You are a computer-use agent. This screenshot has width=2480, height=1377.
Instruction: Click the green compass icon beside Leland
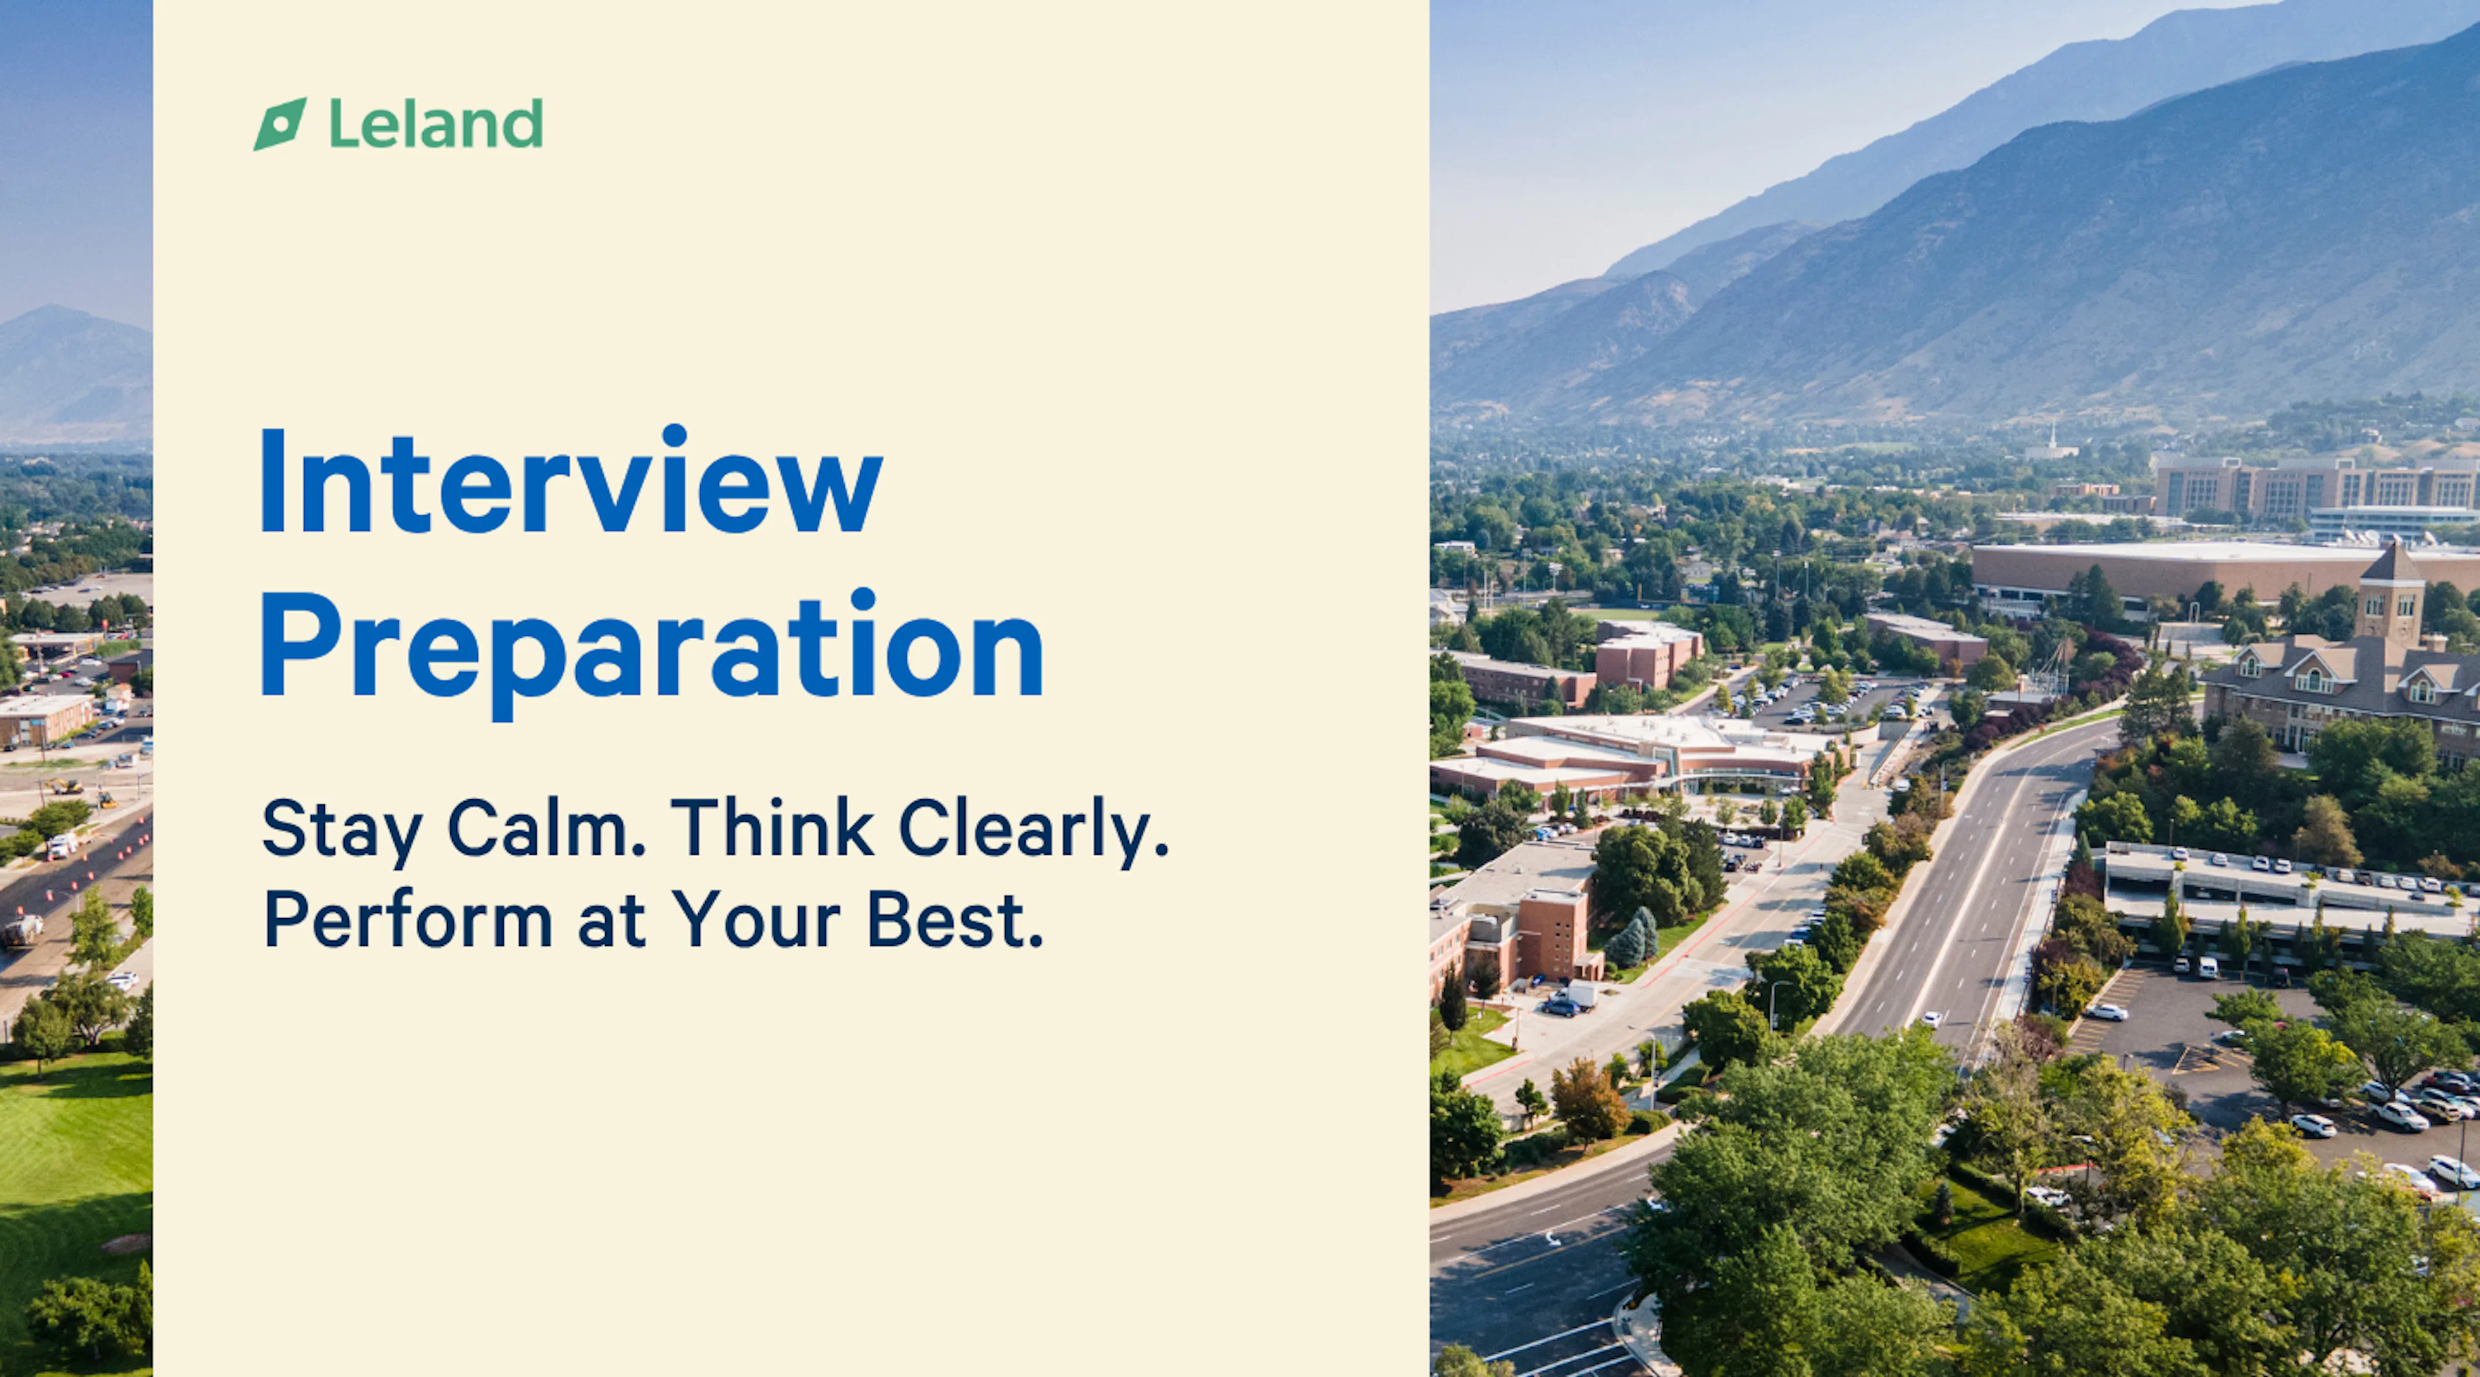tap(280, 124)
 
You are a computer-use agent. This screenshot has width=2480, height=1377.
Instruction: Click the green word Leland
tap(436, 123)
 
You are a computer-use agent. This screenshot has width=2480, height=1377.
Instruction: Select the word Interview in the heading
tap(571, 479)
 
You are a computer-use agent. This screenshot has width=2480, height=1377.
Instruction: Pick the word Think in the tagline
tap(772, 826)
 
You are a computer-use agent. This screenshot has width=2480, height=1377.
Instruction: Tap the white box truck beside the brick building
tap(1578, 994)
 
